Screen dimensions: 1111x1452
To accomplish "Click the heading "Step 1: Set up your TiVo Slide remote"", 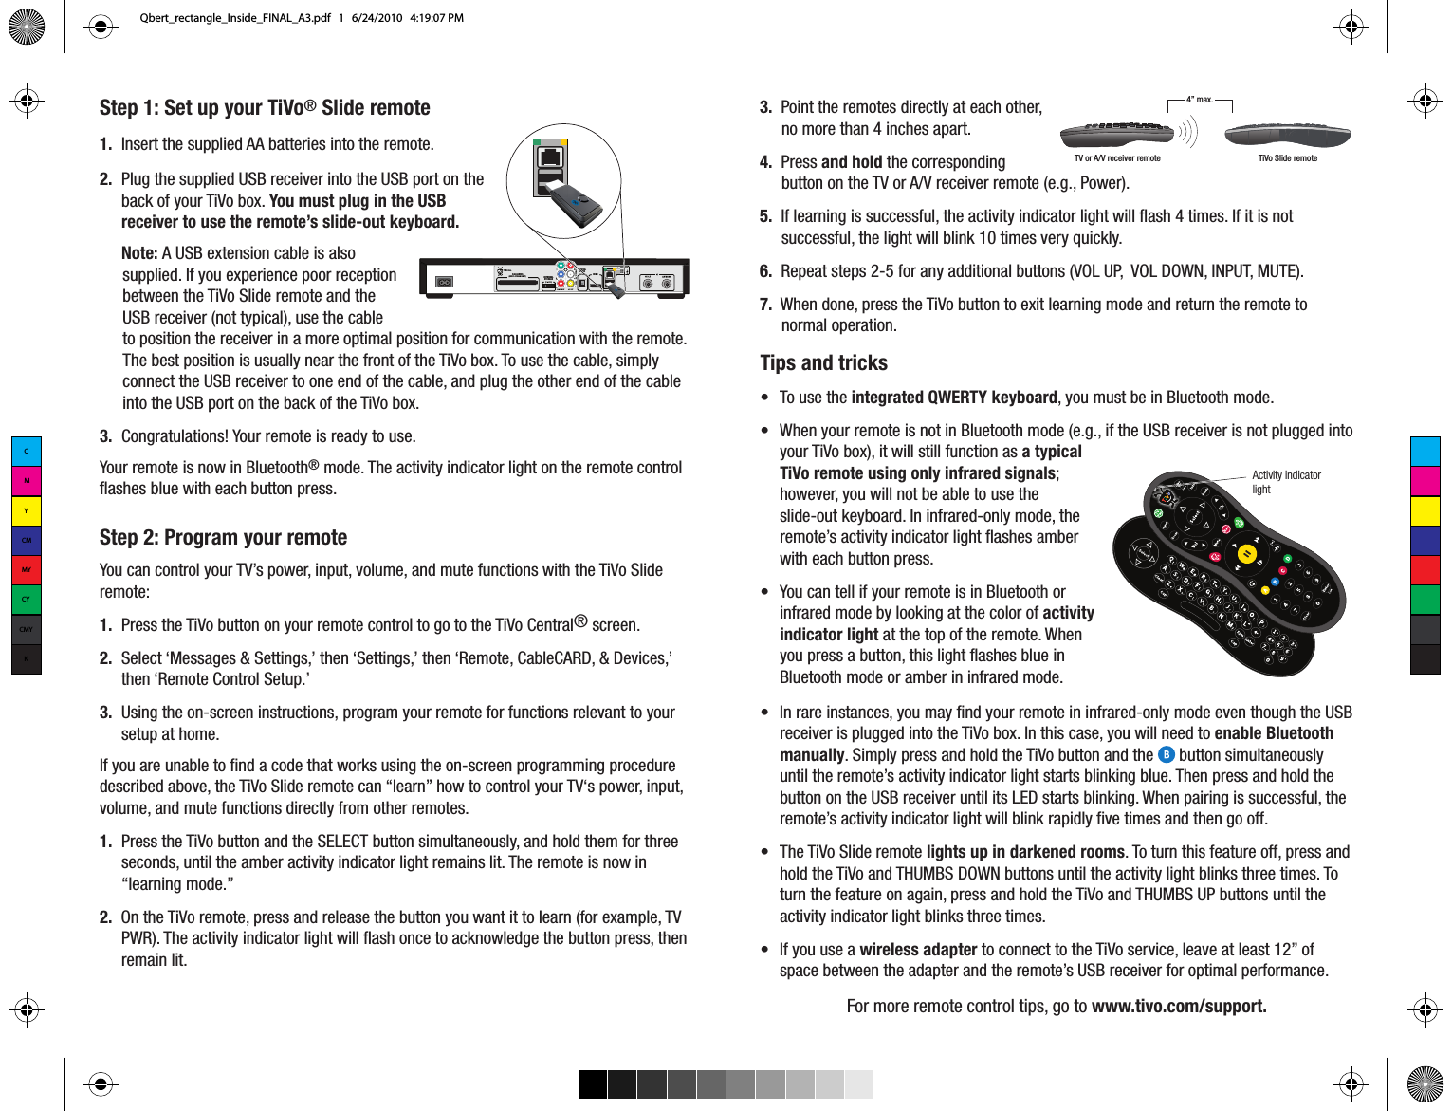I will pos(265,108).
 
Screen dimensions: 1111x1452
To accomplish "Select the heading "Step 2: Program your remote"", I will pos(223,538).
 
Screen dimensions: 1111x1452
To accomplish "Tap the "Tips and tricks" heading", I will pos(823,363).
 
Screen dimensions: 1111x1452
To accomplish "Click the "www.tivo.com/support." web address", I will pos(1179,1007).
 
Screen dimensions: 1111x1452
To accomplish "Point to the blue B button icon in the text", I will pos(1167,755).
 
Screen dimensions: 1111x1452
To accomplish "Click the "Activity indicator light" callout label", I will pos(1285,482).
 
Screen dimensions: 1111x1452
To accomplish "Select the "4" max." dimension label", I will pos(1200,100).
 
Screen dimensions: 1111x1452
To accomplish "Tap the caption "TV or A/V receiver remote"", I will pos(1116,158).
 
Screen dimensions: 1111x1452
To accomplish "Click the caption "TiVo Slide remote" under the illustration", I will pos(1287,158).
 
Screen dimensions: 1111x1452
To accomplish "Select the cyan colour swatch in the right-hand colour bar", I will pos(1424,452).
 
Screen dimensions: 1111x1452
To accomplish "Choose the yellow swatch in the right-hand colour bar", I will pos(1424,510).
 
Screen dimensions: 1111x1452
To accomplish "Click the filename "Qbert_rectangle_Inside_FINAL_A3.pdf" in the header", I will pos(235,18).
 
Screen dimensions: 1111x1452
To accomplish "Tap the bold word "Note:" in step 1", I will pos(139,253).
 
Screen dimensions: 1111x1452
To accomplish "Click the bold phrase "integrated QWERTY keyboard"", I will pos(954,398).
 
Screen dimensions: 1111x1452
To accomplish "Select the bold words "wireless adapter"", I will pos(918,950).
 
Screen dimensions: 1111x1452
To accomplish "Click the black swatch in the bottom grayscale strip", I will pos(593,1084).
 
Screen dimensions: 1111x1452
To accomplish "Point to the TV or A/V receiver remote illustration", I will pos(1116,134).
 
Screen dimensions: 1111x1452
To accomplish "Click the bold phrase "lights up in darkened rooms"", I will pos(1025,852).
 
